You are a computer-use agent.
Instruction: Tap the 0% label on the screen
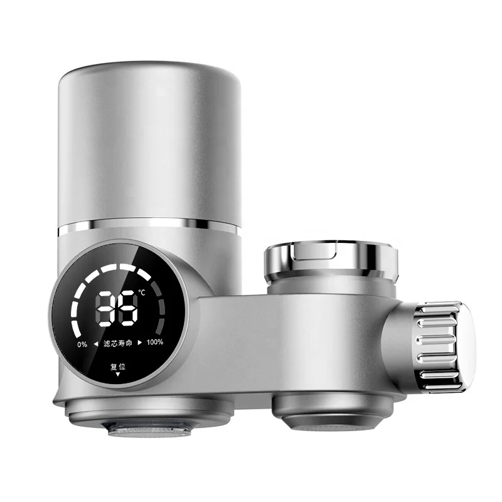click(x=82, y=343)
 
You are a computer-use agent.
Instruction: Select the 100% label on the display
click(x=155, y=343)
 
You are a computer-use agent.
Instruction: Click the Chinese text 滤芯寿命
click(x=119, y=343)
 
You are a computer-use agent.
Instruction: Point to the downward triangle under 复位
click(x=118, y=375)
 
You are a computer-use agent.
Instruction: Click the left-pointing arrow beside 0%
click(x=95, y=343)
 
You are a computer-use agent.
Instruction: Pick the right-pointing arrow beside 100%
click(x=140, y=343)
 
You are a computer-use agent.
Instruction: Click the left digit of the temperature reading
click(x=106, y=309)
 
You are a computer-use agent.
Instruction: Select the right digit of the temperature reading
click(x=128, y=309)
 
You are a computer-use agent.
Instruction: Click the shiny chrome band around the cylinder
click(x=149, y=225)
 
